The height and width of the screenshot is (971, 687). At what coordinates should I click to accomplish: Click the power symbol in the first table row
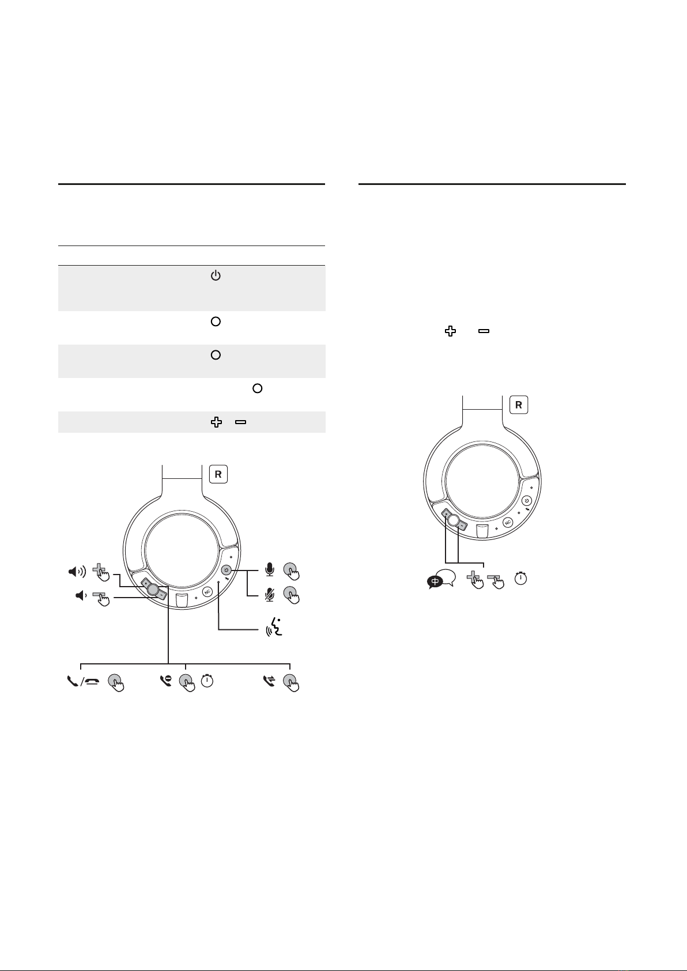click(x=216, y=275)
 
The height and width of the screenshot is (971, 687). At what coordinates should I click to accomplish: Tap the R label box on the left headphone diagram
click(x=218, y=474)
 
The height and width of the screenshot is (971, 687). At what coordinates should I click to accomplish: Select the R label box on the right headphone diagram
click(x=518, y=405)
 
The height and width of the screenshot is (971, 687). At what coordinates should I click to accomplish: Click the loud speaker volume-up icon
click(x=77, y=572)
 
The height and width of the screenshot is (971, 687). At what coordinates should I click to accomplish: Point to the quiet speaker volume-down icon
click(x=81, y=596)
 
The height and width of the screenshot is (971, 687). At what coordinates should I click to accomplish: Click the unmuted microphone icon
click(x=270, y=569)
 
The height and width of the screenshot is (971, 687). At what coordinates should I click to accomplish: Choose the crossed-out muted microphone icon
click(x=270, y=595)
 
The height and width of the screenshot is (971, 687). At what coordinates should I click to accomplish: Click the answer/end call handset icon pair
click(x=83, y=682)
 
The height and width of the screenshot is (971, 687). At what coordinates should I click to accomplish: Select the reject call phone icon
click(x=166, y=681)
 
